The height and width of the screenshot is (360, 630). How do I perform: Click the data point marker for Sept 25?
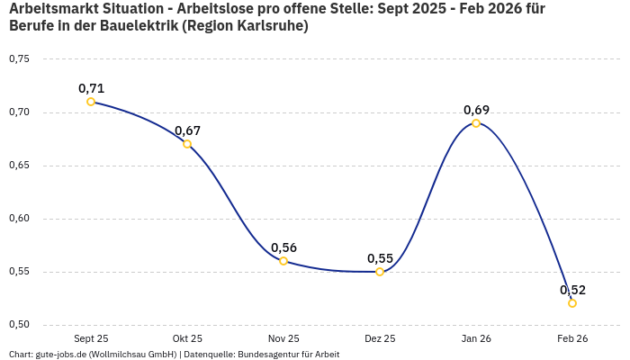tap(91, 102)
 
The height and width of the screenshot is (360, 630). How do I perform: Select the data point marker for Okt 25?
tap(187, 144)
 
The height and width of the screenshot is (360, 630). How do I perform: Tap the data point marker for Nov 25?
tap(283, 261)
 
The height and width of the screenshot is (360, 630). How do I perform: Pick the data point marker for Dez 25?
tap(380, 272)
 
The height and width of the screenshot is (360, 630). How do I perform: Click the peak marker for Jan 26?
tap(476, 122)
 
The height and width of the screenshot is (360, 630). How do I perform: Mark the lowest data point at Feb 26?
tap(572, 303)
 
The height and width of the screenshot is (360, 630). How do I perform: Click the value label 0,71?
tap(91, 88)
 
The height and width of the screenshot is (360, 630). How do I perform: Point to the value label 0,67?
tap(187, 130)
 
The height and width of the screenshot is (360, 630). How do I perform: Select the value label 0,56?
tap(283, 247)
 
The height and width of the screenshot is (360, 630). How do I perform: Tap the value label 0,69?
tap(476, 110)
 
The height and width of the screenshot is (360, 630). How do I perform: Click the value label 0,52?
tap(572, 290)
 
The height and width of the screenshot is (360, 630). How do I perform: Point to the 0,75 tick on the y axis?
tap(19, 59)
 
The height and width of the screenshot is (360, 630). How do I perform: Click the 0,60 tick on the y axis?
tap(19, 219)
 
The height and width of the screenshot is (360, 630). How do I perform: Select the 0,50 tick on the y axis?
tap(19, 325)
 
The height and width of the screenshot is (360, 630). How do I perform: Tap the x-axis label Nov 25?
tap(283, 338)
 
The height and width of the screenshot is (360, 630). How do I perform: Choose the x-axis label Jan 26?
tap(476, 338)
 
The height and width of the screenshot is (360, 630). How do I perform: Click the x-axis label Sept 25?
tap(91, 338)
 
